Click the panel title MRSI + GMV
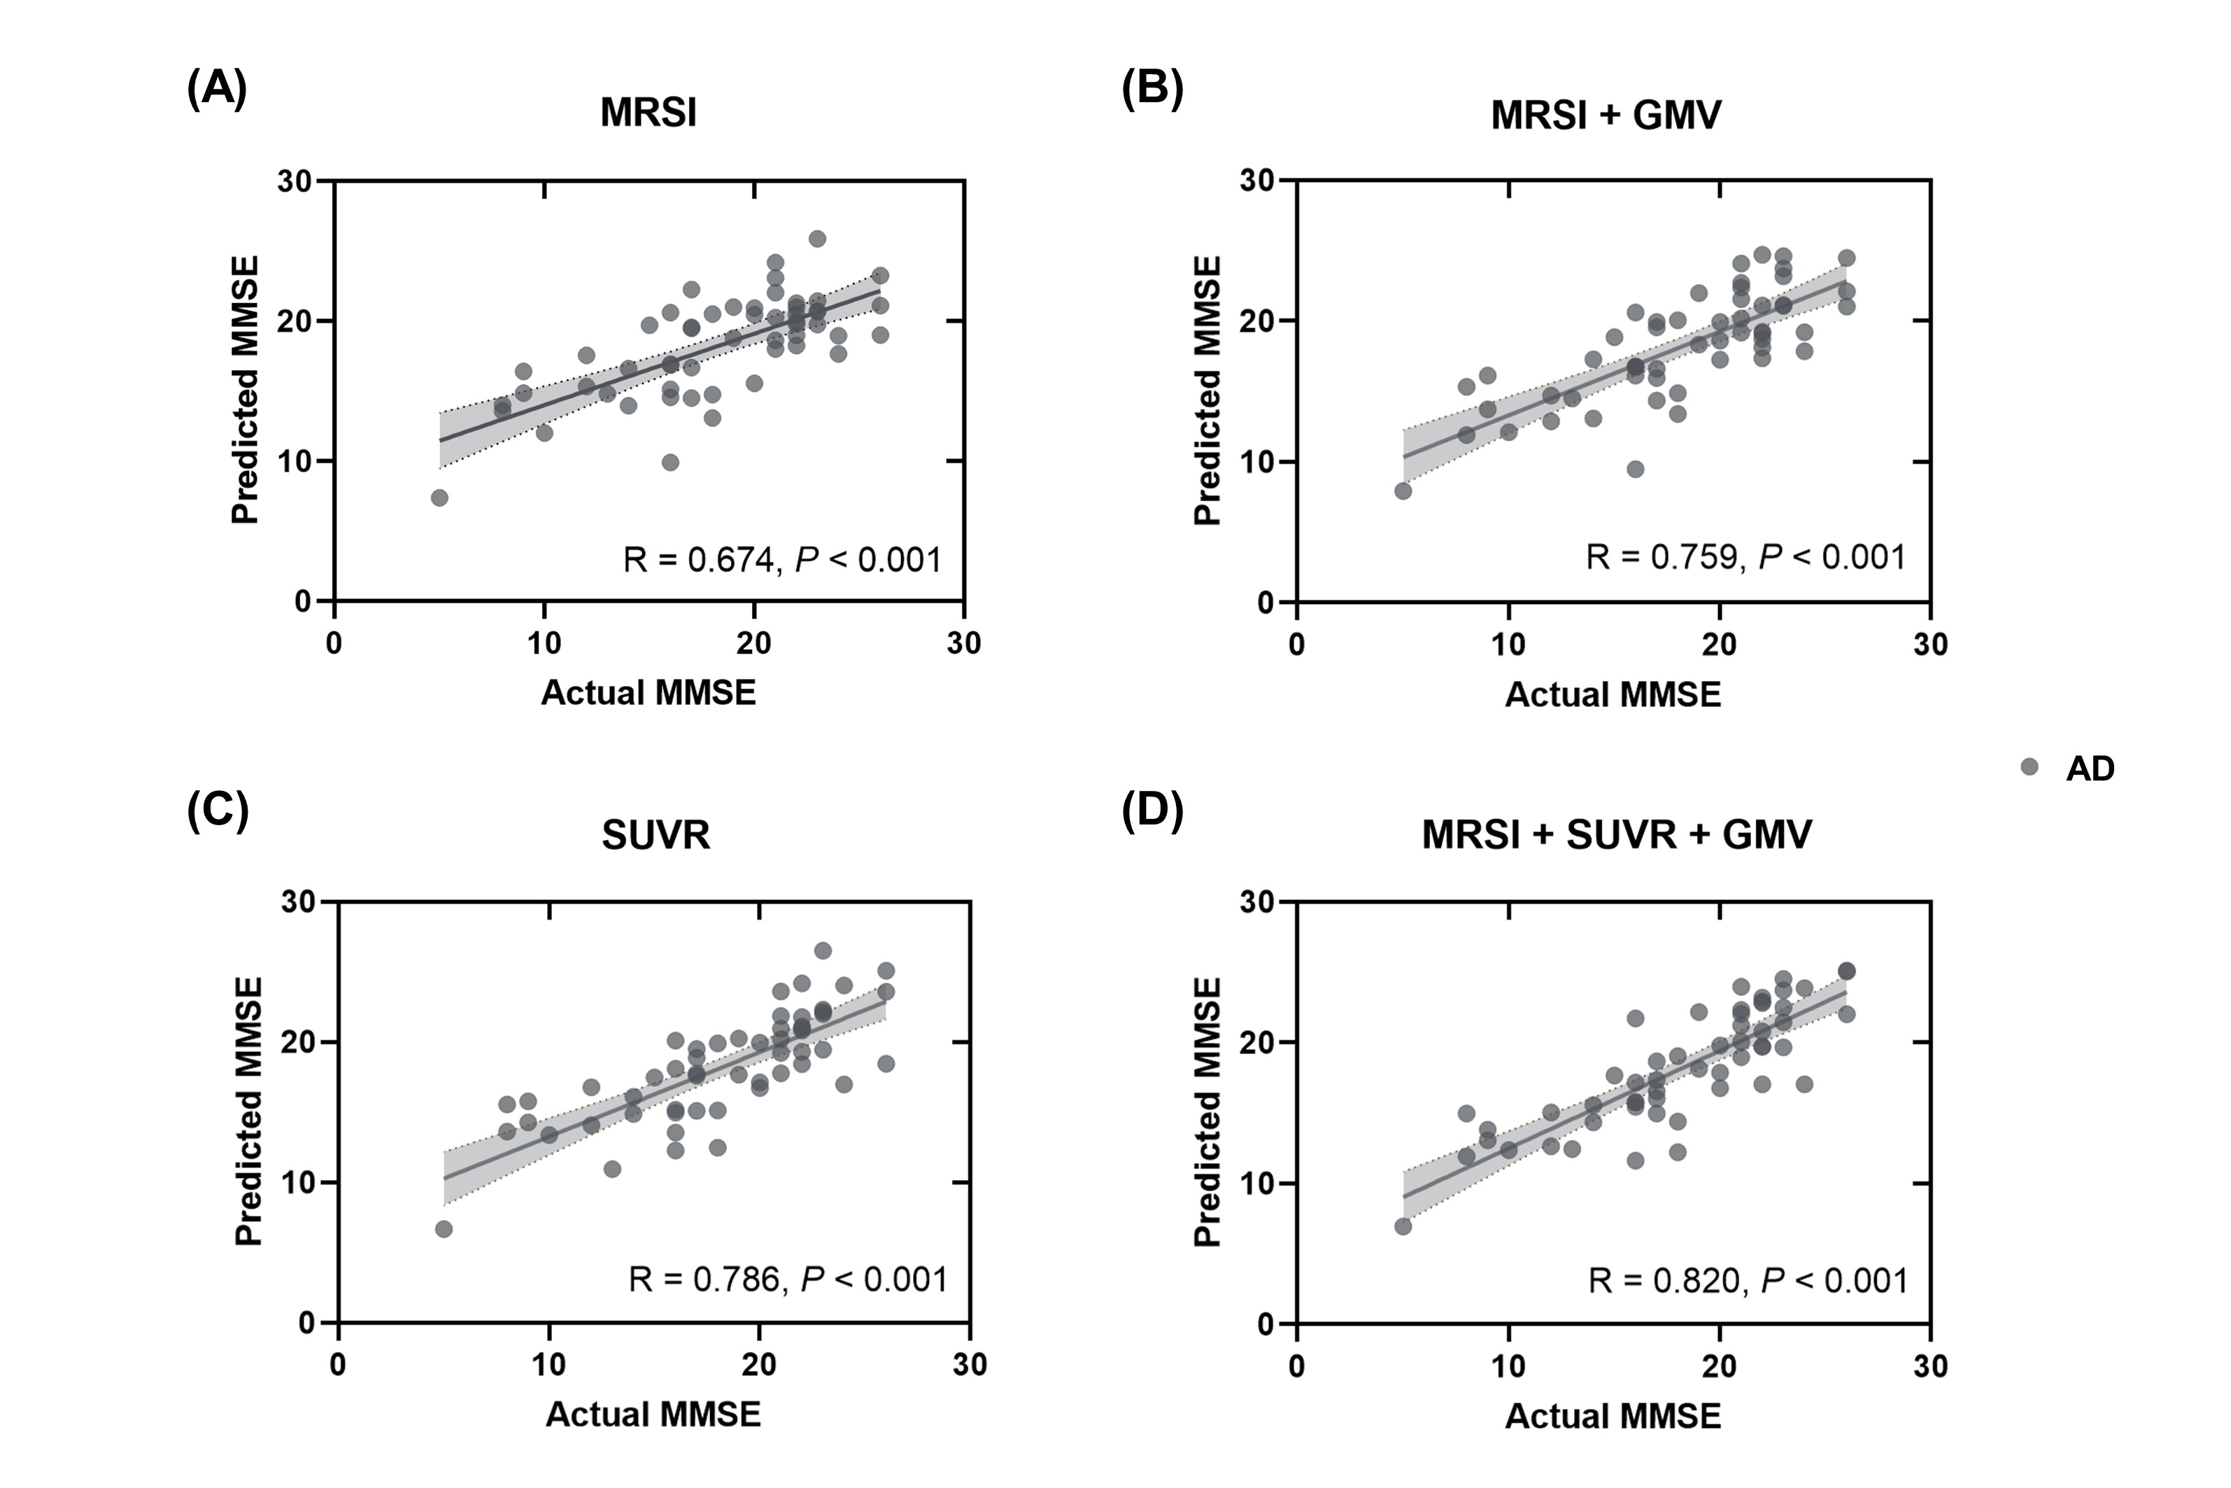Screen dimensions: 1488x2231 [x=1606, y=115]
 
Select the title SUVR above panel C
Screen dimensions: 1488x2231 [x=656, y=835]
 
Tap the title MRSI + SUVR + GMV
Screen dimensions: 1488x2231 [x=1616, y=835]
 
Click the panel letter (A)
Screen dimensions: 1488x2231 [x=216, y=90]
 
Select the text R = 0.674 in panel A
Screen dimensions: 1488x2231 [x=698, y=560]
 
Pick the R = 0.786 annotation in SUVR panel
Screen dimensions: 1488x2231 [x=704, y=1280]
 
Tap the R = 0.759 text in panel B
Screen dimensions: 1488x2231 [x=1663, y=557]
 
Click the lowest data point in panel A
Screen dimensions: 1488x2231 [x=439, y=497]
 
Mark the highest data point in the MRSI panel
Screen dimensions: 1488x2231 [x=816, y=238]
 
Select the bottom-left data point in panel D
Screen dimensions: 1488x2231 [x=1403, y=1226]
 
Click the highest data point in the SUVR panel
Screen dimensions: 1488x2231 [x=823, y=950]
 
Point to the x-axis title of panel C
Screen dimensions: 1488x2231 [x=653, y=1414]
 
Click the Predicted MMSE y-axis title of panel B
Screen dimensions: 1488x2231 [x=1207, y=390]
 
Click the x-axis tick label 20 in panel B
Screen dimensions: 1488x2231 [x=1719, y=645]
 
